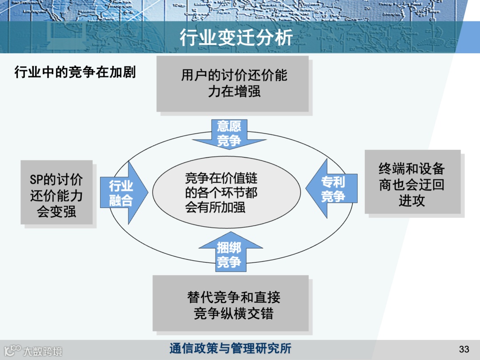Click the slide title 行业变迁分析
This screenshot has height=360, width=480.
pos(236,38)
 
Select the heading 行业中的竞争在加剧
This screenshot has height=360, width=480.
pos(75,72)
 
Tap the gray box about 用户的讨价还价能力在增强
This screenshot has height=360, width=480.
pos(232,84)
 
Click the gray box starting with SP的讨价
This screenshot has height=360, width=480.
pos(56,192)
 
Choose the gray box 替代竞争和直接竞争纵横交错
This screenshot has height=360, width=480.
pos(230,303)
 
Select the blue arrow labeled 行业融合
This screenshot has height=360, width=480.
pos(122,192)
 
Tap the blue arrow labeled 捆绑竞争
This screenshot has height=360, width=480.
pos(229,253)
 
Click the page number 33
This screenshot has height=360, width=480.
pos(464,349)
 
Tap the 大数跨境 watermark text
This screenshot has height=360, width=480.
pos(43,351)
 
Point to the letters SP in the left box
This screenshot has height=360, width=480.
pos(36,180)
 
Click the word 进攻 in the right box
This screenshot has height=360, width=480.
pos(412,201)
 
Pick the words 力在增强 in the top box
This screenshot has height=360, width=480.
pos(234,92)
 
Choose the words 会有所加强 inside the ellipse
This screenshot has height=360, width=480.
pos(215,207)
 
